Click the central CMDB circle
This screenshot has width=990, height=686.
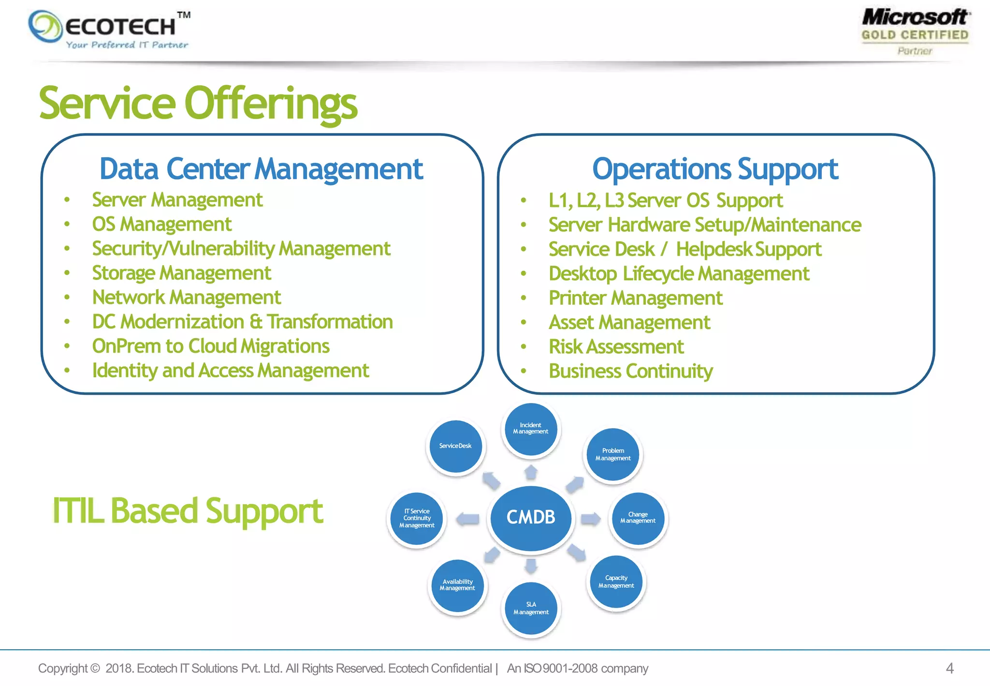coord(531,518)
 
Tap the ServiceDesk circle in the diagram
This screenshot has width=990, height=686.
coord(455,446)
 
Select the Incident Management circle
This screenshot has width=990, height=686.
coord(531,429)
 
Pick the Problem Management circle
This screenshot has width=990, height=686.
coord(613,454)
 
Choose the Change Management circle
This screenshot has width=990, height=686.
coord(638,518)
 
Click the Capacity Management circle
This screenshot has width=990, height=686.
coord(616,582)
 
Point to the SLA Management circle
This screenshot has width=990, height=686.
coord(531,608)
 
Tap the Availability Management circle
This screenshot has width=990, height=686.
coord(457,585)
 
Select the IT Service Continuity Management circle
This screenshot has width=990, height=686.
coord(417,518)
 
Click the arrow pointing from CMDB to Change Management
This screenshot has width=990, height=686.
coord(590,519)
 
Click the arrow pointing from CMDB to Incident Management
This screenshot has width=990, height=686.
coord(531,472)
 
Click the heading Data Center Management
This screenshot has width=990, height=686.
coord(261,169)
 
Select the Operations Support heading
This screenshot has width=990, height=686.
coord(715,169)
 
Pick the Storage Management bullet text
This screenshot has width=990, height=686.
coord(181,273)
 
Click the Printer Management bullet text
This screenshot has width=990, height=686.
coord(635,298)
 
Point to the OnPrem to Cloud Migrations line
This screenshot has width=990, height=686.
coord(211,346)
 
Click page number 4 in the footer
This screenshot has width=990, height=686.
coord(949,669)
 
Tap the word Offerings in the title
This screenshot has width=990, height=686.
coord(271,104)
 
